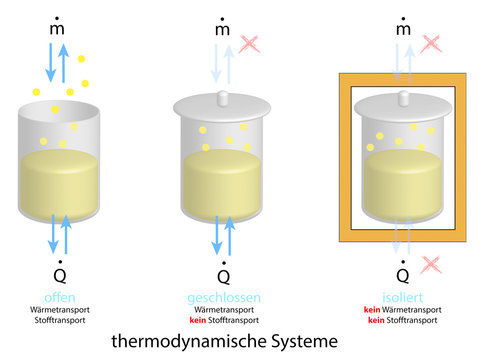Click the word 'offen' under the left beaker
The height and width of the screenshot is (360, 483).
click(x=61, y=297)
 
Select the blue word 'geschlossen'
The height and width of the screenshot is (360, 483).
click(x=223, y=297)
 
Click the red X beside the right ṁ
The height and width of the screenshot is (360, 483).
click(x=433, y=43)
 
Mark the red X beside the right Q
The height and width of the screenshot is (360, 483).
click(x=433, y=265)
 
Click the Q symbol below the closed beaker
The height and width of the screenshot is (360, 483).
click(x=223, y=273)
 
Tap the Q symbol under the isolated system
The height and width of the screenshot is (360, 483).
click(x=403, y=273)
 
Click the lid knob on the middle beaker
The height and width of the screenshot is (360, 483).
click(x=223, y=98)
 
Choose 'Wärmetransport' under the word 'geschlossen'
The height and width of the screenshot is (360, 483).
click(x=223, y=310)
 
